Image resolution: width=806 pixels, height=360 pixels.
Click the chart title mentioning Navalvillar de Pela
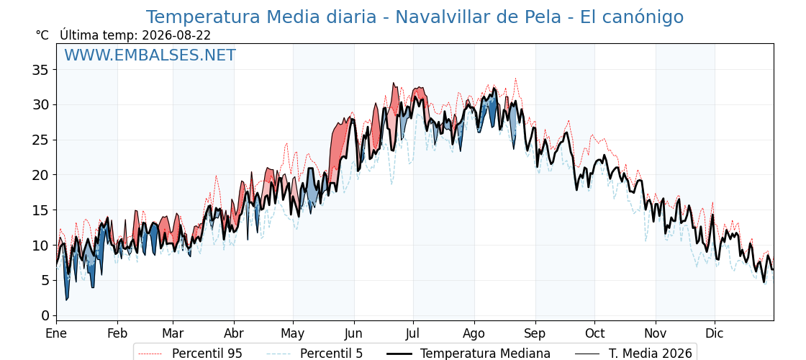(x=415, y=17)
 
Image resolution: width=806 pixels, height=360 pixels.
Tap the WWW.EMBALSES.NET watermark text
(x=150, y=55)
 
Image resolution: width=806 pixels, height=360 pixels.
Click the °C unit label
(x=42, y=35)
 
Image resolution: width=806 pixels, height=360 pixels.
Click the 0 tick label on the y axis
(x=45, y=315)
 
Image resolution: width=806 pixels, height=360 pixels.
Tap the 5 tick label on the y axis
(x=45, y=280)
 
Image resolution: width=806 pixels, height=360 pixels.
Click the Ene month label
(x=56, y=334)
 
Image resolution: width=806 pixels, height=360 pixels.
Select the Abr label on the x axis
(x=234, y=334)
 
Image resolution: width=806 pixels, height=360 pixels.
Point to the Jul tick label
(x=413, y=334)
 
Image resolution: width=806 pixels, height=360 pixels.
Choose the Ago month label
(x=474, y=334)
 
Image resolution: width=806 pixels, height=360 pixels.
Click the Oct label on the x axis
(x=594, y=334)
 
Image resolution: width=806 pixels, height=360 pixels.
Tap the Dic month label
(x=715, y=334)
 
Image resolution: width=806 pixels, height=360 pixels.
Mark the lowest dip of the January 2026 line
(x=66, y=300)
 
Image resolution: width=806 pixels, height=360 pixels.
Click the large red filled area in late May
(x=340, y=149)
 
